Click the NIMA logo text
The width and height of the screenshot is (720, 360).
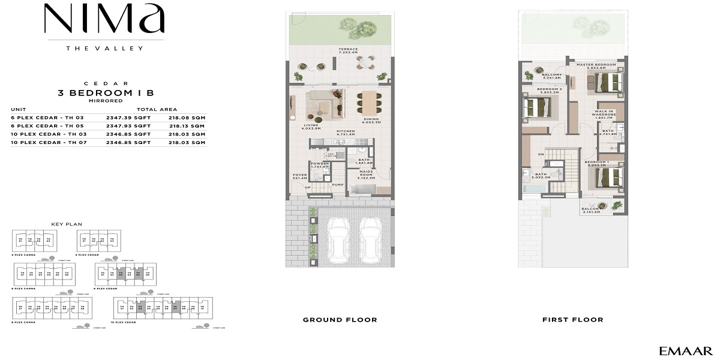point(104,20)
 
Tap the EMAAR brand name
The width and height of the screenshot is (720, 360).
point(685,351)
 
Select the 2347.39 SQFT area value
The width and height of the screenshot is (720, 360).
point(128,118)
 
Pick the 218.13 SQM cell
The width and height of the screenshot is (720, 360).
point(187,126)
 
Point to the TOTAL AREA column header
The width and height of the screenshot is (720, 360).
point(157,109)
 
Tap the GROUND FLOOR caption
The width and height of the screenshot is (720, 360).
point(340,320)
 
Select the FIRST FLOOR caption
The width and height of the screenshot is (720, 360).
point(572,320)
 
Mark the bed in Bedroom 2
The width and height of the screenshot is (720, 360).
point(537,108)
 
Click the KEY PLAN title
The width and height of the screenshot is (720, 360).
point(66,224)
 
